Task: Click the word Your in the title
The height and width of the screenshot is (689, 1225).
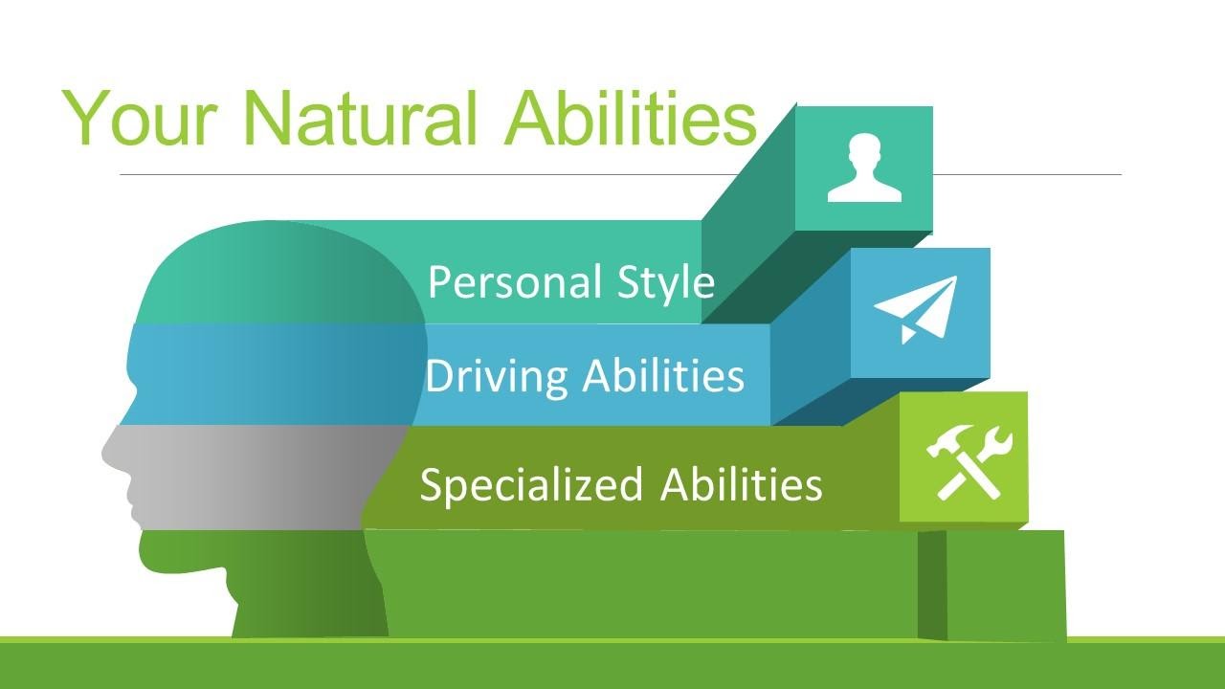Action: pyautogui.click(x=140, y=118)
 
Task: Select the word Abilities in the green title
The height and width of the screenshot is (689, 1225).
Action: pyautogui.click(x=631, y=118)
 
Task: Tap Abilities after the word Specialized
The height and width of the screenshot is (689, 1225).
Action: pyautogui.click(x=741, y=484)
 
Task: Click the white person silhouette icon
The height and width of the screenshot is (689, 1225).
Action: pyautogui.click(x=864, y=167)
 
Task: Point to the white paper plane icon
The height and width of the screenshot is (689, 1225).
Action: pyautogui.click(x=916, y=309)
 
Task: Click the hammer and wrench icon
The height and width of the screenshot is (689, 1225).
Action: pyautogui.click(x=969, y=462)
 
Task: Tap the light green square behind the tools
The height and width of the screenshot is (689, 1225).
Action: pyautogui.click(x=964, y=456)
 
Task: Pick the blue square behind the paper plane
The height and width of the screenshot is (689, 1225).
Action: pyautogui.click(x=921, y=312)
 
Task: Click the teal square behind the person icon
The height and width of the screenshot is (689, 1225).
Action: pyautogui.click(x=864, y=168)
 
